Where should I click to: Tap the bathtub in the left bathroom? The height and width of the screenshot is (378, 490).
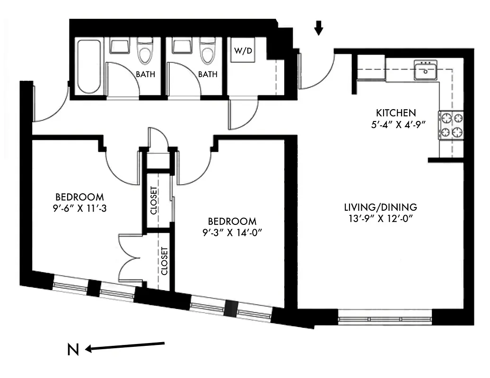[89, 66]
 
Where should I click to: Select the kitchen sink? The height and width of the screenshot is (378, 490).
[426, 71]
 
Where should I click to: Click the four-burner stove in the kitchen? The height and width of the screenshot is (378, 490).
[451, 125]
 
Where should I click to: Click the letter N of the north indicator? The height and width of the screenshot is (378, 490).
[72, 350]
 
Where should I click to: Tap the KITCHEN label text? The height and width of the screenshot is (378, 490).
[396, 113]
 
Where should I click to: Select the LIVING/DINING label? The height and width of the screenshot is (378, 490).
[380, 207]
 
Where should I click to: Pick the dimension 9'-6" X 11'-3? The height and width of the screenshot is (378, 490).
[79, 207]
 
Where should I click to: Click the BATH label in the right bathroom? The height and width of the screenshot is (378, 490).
[208, 74]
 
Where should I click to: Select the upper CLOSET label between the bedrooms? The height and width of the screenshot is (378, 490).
[154, 201]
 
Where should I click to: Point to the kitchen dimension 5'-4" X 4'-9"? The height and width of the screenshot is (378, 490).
[396, 125]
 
